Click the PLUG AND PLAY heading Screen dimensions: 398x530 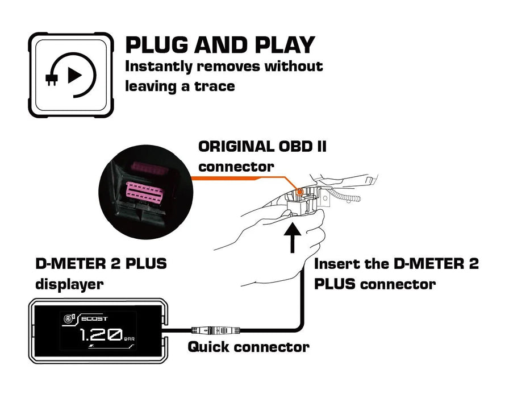219,44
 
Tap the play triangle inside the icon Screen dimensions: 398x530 74,75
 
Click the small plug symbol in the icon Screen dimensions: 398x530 52,79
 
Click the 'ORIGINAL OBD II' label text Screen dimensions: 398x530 262,146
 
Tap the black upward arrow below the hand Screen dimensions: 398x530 293,239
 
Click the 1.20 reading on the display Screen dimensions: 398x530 99,334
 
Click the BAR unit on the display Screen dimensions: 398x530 130,339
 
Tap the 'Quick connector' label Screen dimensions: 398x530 248,346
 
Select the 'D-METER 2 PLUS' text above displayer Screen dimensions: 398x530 101,264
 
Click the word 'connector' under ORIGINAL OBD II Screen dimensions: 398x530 236,167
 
